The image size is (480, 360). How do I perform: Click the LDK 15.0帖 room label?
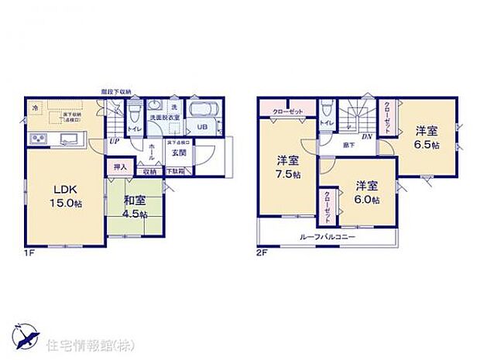coord(65,196)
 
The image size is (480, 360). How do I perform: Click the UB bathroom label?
coord(201,128)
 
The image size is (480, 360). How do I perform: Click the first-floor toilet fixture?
coord(135,110)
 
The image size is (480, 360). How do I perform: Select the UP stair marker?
coord(114,142)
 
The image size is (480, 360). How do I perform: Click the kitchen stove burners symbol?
coord(37,139)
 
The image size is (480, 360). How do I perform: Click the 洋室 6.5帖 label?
coord(426,137)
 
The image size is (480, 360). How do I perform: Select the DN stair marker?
coord(365,137)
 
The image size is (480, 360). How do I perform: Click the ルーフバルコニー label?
coord(328,235)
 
